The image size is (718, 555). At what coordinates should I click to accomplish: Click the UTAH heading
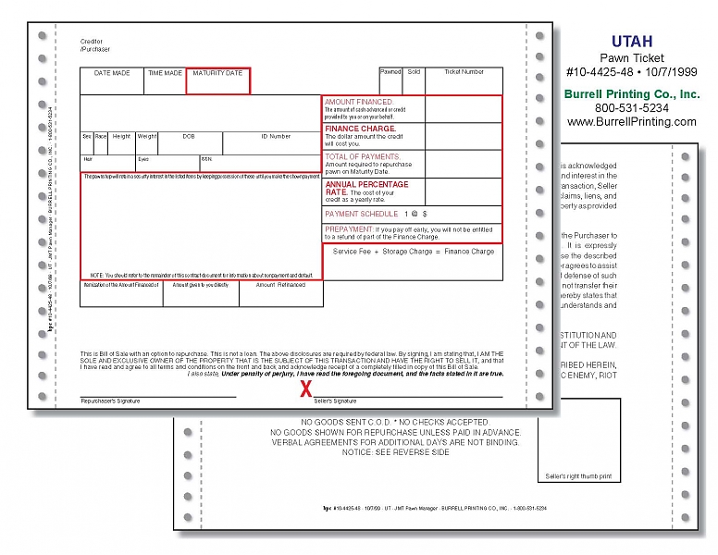[632, 41]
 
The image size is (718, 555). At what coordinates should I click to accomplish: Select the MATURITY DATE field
[217, 80]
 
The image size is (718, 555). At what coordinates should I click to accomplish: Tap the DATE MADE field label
[112, 73]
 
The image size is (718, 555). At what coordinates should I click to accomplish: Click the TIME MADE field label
[166, 73]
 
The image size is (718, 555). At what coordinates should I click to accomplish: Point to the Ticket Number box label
[464, 71]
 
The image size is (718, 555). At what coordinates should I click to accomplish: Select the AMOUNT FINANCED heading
[359, 102]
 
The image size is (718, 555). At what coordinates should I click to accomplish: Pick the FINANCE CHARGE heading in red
[360, 129]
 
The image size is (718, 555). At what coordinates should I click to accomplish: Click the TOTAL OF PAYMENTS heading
[363, 157]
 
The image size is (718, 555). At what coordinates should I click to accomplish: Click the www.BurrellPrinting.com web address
[632, 121]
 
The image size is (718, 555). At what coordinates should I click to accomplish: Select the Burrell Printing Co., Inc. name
[632, 94]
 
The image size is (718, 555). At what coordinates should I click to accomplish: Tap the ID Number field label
[276, 136]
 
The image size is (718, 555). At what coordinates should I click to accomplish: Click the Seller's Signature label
[335, 401]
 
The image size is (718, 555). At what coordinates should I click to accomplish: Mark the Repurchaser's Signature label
[109, 401]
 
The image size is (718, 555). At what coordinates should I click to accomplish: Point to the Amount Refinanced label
[280, 286]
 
